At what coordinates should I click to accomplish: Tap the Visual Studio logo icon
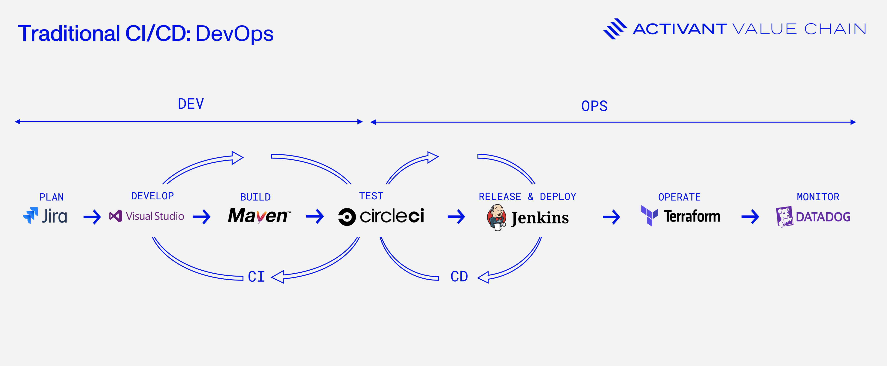pos(116,216)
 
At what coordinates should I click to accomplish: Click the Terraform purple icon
pos(649,216)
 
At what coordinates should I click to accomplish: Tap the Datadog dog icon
pos(784,217)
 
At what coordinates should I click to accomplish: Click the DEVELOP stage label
pos(152,196)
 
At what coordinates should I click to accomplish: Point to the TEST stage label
pos(371,196)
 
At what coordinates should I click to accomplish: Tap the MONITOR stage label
pos(818,197)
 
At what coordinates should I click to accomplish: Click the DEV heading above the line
pos(191,104)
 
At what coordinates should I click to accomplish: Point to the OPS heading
pos(594,106)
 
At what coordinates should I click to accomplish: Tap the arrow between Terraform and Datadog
pos(750,217)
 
